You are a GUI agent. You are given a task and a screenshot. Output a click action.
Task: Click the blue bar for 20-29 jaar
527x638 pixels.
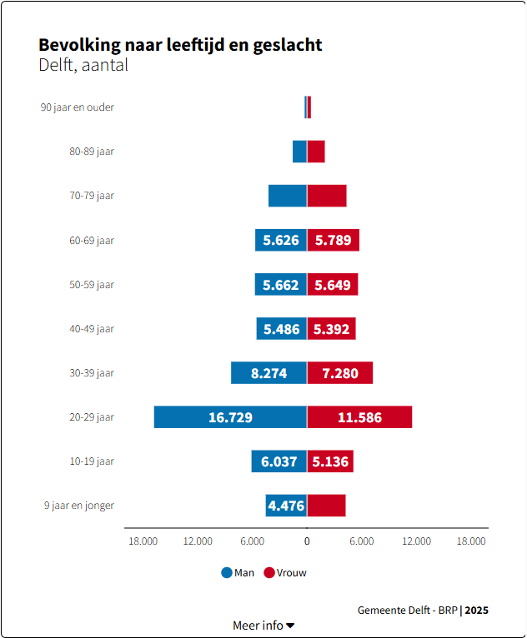tap(230, 417)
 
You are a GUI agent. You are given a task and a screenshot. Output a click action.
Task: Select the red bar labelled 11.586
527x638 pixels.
tap(359, 417)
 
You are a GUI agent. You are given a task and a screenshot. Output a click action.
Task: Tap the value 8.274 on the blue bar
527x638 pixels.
tap(269, 373)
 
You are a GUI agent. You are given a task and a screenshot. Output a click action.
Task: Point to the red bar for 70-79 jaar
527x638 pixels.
tap(327, 196)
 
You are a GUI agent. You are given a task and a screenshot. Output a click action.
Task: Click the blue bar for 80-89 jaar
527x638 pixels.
tap(299, 152)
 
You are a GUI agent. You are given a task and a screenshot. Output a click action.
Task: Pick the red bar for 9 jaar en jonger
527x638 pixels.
tap(326, 506)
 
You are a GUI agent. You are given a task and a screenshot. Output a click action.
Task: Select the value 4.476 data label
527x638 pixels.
tap(286, 506)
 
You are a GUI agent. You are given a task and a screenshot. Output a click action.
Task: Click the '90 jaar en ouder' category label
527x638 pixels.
tap(78, 107)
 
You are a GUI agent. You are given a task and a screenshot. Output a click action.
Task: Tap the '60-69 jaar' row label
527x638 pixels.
tap(92, 240)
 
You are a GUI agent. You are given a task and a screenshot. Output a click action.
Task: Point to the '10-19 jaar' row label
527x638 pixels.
tap(92, 461)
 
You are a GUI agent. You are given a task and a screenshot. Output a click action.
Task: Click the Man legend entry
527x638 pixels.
tap(238, 573)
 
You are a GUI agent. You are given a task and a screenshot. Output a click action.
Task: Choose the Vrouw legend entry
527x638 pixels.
tap(284, 573)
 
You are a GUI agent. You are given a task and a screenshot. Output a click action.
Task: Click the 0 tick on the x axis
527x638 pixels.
tap(307, 541)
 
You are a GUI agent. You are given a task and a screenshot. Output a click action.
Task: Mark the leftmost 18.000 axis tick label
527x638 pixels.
tap(143, 541)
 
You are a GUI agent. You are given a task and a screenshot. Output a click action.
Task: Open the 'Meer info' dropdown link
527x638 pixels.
tap(263, 626)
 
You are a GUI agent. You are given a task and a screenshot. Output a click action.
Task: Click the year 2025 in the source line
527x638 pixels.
tap(477, 610)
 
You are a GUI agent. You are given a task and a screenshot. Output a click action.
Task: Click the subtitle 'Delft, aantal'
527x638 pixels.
tap(83, 65)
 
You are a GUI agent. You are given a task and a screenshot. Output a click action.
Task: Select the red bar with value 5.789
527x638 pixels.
tap(333, 240)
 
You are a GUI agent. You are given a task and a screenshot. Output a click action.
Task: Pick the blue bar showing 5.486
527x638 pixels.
tap(281, 329)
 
